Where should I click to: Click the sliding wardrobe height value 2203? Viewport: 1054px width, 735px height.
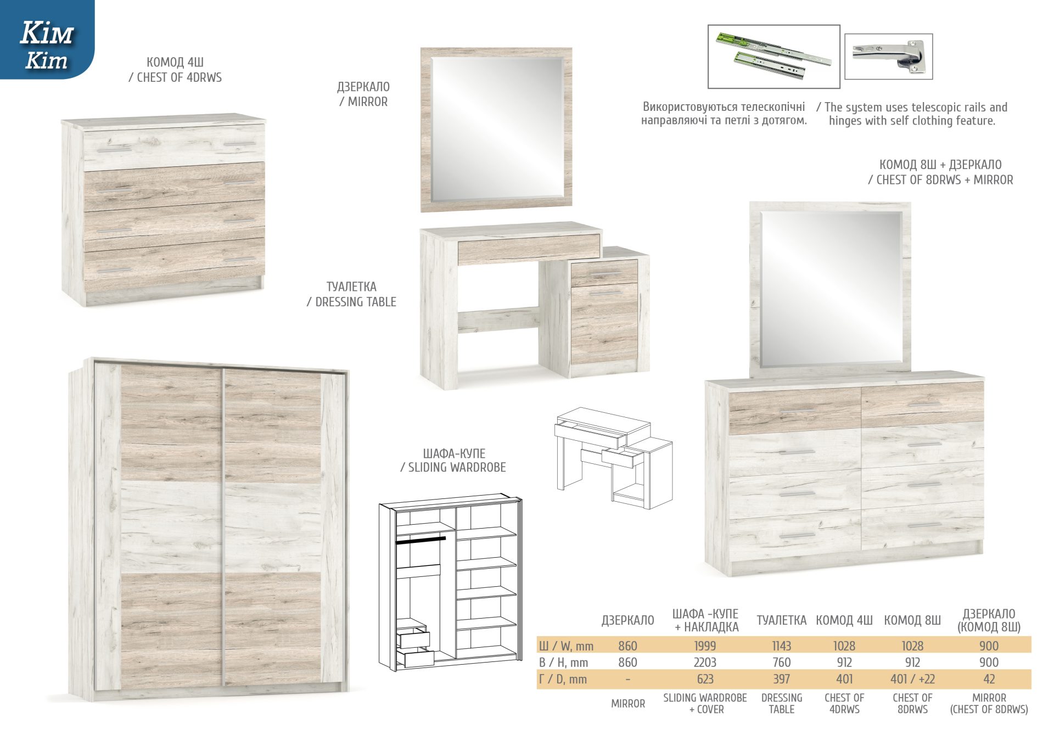click(x=705, y=663)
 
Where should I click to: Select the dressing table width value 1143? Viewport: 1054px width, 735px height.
click(x=781, y=646)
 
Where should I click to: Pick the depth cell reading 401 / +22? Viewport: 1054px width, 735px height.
click(x=912, y=679)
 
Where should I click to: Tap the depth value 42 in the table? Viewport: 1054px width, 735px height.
click(x=989, y=679)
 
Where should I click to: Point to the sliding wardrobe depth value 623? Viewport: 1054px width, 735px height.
click(x=705, y=679)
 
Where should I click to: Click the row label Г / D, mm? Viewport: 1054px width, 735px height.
click(x=563, y=680)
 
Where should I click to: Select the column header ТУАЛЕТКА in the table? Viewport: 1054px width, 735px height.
click(x=781, y=620)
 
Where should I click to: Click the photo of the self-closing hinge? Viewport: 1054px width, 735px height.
click(x=888, y=57)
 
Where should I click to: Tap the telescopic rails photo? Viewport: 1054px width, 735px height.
click(x=773, y=56)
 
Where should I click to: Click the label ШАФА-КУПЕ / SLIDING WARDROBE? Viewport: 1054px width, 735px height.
click(x=453, y=461)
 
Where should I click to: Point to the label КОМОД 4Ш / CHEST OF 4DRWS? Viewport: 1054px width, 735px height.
click(x=175, y=70)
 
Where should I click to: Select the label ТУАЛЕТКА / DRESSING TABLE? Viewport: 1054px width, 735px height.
click(x=351, y=294)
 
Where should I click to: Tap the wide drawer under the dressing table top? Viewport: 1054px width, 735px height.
click(x=529, y=248)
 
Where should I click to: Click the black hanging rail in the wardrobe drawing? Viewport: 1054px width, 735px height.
click(x=421, y=540)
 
